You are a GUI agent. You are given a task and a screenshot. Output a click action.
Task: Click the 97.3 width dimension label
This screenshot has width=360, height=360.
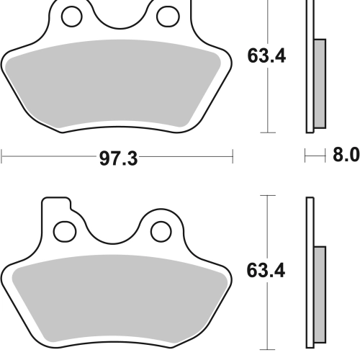pyautogui.click(x=119, y=158)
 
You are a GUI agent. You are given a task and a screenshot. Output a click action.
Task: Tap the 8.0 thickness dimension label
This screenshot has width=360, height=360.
pyautogui.click(x=346, y=155)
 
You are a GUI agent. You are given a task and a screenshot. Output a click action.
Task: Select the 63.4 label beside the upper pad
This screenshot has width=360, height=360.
pyautogui.click(x=266, y=56)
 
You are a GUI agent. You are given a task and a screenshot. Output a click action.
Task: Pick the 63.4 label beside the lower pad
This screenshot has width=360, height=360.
pyautogui.click(x=266, y=271)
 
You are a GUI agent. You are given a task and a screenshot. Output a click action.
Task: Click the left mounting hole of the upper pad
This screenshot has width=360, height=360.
pyautogui.click(x=72, y=17)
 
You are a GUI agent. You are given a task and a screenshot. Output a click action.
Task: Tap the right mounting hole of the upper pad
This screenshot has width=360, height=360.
pyautogui.click(x=168, y=17)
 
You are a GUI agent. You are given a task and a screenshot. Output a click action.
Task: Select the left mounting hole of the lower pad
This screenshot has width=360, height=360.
pyautogui.click(x=65, y=232)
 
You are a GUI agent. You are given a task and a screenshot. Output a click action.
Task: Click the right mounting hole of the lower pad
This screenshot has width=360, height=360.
pyautogui.click(x=161, y=232)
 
